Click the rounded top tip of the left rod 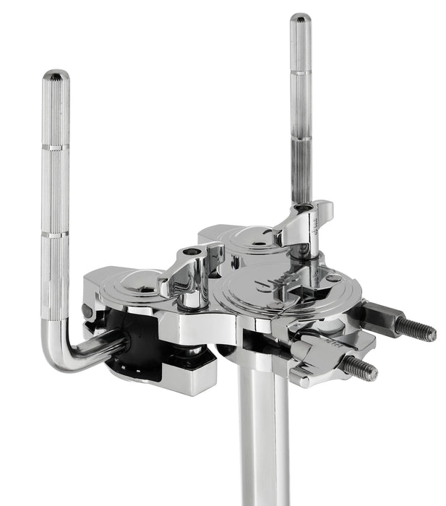[x=56, y=75]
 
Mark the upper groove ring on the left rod [x=56, y=147]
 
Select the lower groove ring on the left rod [x=56, y=235]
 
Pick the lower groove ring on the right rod [x=301, y=137]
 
